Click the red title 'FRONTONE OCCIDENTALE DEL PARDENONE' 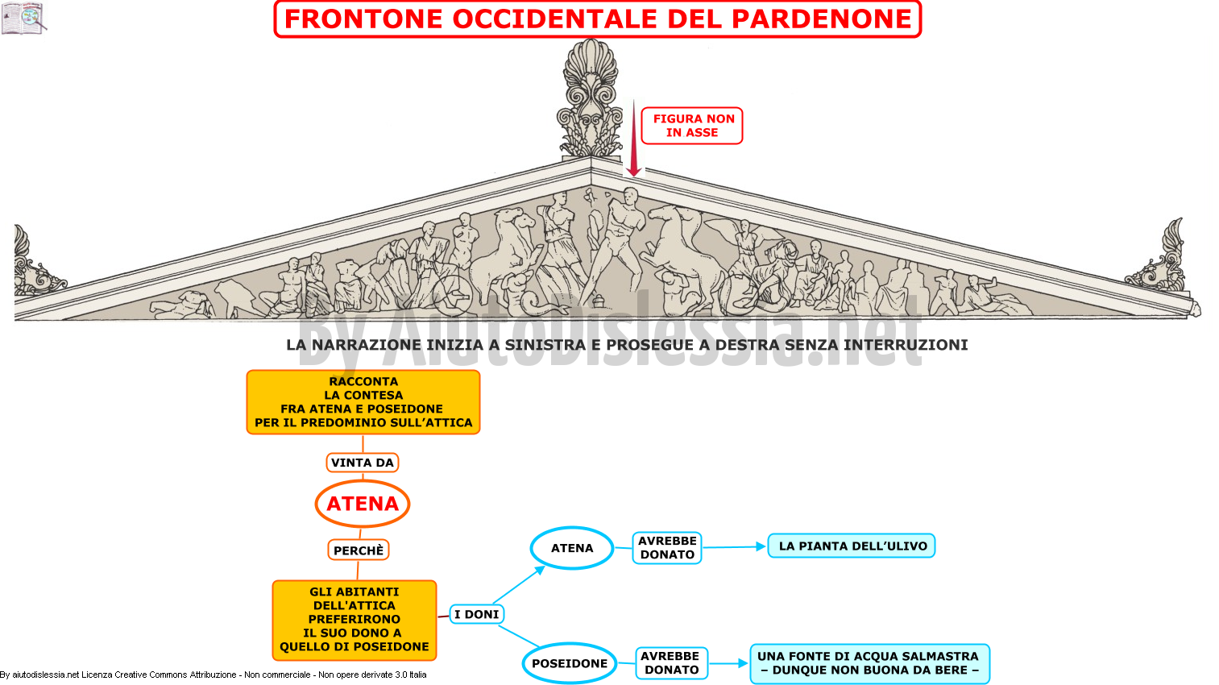click(x=598, y=19)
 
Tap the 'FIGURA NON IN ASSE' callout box click(x=691, y=126)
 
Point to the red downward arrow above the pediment click(x=633, y=139)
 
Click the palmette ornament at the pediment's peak click(x=591, y=98)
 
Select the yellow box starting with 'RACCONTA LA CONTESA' click(x=363, y=402)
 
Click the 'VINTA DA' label click(x=363, y=463)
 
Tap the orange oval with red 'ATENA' click(x=363, y=504)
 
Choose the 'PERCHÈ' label click(x=358, y=550)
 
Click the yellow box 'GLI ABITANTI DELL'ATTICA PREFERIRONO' click(x=355, y=620)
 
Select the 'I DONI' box click(x=477, y=614)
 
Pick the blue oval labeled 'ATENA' click(x=572, y=548)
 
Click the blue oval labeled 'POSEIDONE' click(x=570, y=663)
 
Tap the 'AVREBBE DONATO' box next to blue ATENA click(x=667, y=548)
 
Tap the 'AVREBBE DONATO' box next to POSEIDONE click(x=672, y=663)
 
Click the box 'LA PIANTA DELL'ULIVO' click(x=852, y=546)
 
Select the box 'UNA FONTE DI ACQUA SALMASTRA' click(x=869, y=664)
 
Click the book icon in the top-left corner click(x=23, y=18)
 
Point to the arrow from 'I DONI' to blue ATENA click(x=519, y=585)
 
